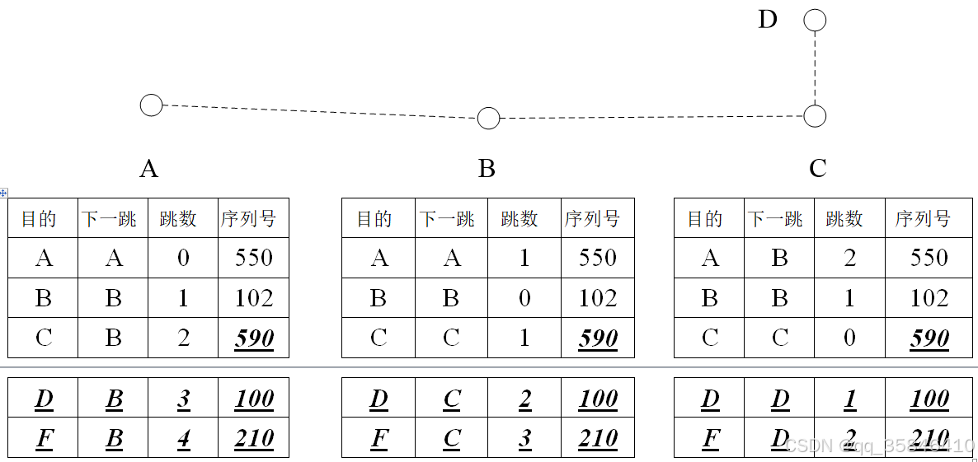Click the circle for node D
click(815, 21)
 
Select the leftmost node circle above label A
click(151, 105)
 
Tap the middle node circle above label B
click(488, 119)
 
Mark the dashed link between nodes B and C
click(651, 118)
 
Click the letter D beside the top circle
click(768, 20)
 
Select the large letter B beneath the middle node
click(487, 169)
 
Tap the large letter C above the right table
click(817, 169)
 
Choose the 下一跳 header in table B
click(448, 219)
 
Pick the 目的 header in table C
click(705, 219)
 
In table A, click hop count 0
click(183, 259)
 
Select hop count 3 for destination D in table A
click(183, 400)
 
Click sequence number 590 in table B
click(598, 338)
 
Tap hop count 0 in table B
click(524, 298)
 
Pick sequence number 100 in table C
click(929, 399)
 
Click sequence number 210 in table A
click(254, 439)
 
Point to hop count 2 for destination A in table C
click(849, 259)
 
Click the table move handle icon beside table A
click(4, 193)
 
